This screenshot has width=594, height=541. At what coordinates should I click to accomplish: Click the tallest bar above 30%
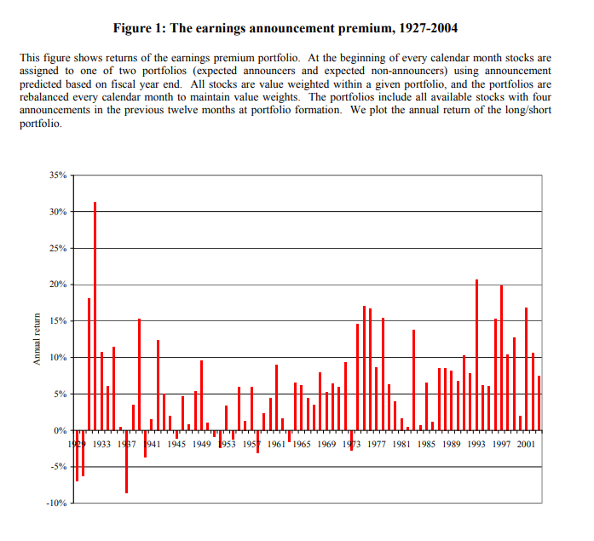point(95,315)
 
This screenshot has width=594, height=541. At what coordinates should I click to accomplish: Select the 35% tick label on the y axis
point(58,176)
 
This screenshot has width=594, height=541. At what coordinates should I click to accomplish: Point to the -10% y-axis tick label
point(56,504)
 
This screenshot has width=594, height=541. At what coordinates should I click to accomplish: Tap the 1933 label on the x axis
point(101,444)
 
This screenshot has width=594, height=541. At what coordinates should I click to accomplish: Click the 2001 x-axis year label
point(526,444)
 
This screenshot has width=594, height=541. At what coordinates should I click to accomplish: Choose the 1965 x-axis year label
point(302,444)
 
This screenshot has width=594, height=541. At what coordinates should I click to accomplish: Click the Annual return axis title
point(37,339)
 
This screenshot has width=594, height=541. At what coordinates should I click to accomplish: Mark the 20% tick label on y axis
point(58,285)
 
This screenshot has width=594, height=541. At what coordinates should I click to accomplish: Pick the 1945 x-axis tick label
point(176,444)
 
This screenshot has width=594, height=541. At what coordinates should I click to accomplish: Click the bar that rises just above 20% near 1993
point(476,354)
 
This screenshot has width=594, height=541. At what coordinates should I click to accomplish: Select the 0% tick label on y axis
point(61,430)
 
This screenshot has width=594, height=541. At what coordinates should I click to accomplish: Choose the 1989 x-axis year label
point(452,444)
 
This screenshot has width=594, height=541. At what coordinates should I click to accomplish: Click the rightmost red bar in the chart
point(539,403)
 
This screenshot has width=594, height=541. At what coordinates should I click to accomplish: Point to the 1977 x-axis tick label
point(377,444)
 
